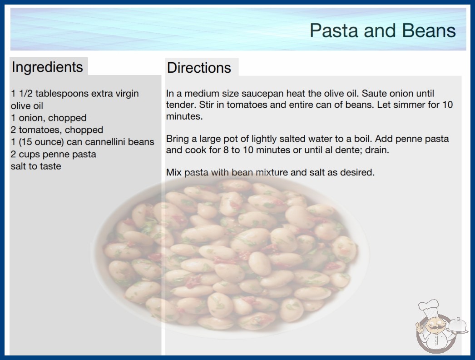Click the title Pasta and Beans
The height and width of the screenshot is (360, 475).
[383, 30]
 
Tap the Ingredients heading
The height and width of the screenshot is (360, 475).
[47, 67]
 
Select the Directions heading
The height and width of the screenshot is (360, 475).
[199, 68]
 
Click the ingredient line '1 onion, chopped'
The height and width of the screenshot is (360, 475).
[49, 118]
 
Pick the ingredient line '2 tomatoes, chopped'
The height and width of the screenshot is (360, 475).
[57, 130]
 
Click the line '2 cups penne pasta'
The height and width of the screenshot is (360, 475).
[53, 154]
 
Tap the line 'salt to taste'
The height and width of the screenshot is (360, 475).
[36, 166]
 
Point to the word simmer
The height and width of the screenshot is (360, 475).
[401, 105]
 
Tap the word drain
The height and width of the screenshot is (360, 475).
[377, 150]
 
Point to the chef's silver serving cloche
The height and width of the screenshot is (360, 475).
[458, 325]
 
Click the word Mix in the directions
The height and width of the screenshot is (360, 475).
[173, 172]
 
